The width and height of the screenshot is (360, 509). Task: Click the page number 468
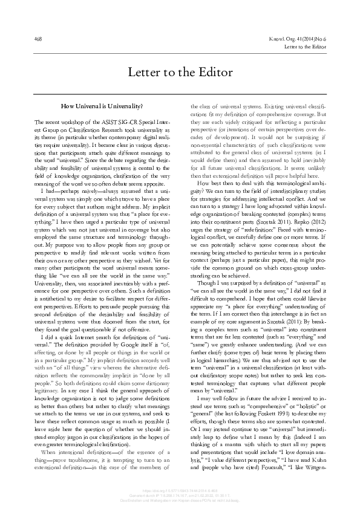(39, 39)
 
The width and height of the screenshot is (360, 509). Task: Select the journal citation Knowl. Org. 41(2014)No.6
(295, 39)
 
